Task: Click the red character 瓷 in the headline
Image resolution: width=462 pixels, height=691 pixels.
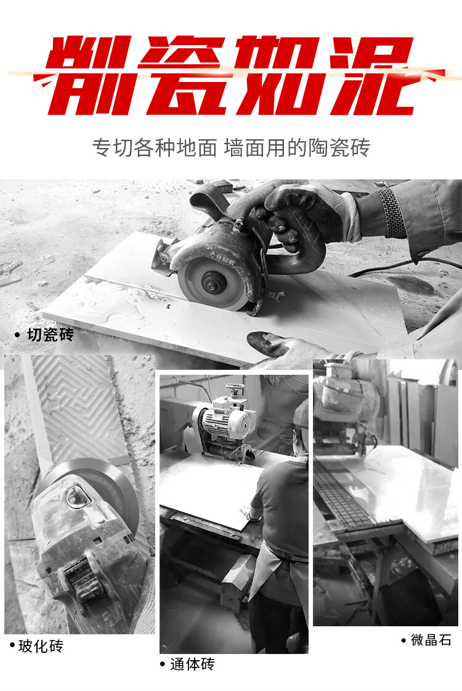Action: coord(185,75)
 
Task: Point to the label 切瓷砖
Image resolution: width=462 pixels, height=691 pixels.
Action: coord(51,335)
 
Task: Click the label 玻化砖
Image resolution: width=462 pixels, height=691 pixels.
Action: coord(41,646)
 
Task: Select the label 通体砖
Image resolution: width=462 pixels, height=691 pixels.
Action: coord(192,664)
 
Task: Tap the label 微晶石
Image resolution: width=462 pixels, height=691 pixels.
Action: coord(431,639)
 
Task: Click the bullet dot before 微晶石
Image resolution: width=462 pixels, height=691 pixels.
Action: coord(403,640)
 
